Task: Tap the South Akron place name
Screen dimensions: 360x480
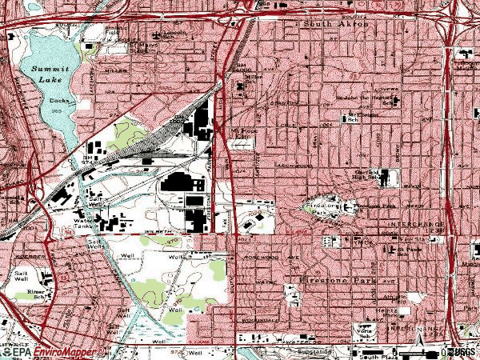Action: [x=336, y=25]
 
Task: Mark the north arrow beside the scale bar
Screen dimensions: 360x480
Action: [x=419, y=346]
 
